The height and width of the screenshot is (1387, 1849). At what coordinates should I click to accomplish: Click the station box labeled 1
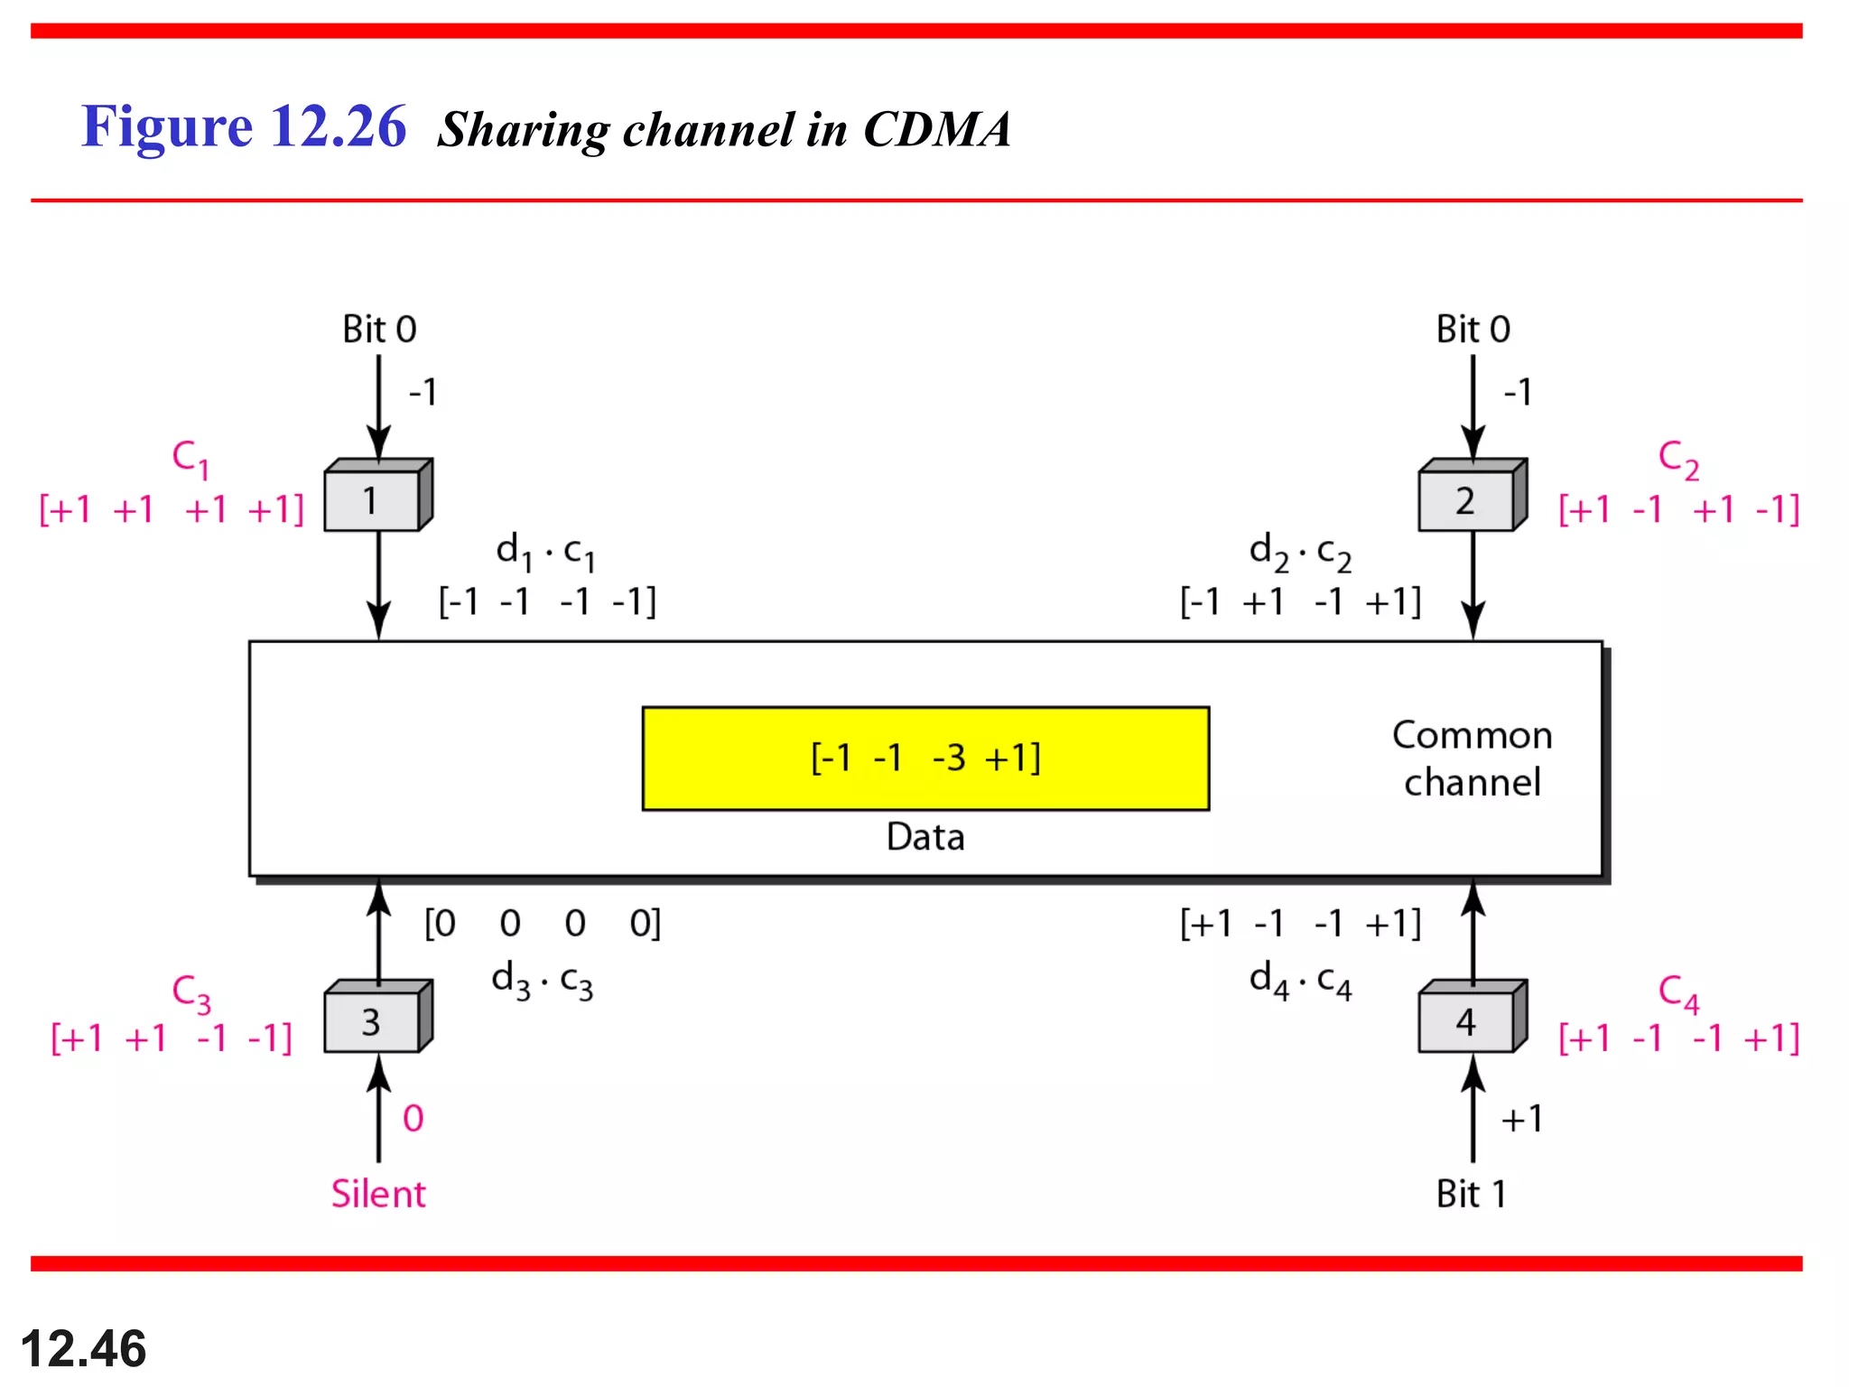point(373,499)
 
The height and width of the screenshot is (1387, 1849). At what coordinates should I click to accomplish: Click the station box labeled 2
point(1466,499)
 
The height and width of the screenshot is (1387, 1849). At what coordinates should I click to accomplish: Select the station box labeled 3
point(373,1021)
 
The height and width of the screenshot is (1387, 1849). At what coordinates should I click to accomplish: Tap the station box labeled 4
point(1466,1021)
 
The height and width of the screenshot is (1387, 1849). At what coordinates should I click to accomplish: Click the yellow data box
point(925,759)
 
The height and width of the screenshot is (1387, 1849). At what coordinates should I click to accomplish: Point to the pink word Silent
point(377,1194)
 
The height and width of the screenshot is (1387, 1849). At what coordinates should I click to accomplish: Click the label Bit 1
point(1471,1194)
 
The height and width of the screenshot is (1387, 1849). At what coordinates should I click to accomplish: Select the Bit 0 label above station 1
point(379,330)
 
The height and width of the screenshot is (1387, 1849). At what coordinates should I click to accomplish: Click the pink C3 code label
point(190,992)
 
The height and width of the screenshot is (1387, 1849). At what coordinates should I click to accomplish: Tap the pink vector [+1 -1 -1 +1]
point(1678,1038)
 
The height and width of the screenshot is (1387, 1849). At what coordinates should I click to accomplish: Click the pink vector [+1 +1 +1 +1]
point(172,510)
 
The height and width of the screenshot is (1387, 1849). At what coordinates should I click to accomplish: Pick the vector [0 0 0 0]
point(543,924)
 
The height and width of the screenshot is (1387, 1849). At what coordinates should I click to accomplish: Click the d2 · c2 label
point(1300,552)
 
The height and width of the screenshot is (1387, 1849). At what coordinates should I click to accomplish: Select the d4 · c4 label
point(1300,981)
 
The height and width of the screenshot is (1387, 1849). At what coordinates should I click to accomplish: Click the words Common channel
point(1472,759)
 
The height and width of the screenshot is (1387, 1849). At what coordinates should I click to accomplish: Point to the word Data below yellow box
point(925,837)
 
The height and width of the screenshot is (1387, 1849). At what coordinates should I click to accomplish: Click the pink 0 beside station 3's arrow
point(413,1119)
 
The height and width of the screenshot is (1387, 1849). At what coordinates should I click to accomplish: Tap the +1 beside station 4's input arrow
point(1521,1119)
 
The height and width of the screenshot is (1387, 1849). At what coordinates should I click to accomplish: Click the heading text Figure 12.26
point(244,126)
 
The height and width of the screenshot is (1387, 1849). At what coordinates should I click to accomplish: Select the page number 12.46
point(83,1349)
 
